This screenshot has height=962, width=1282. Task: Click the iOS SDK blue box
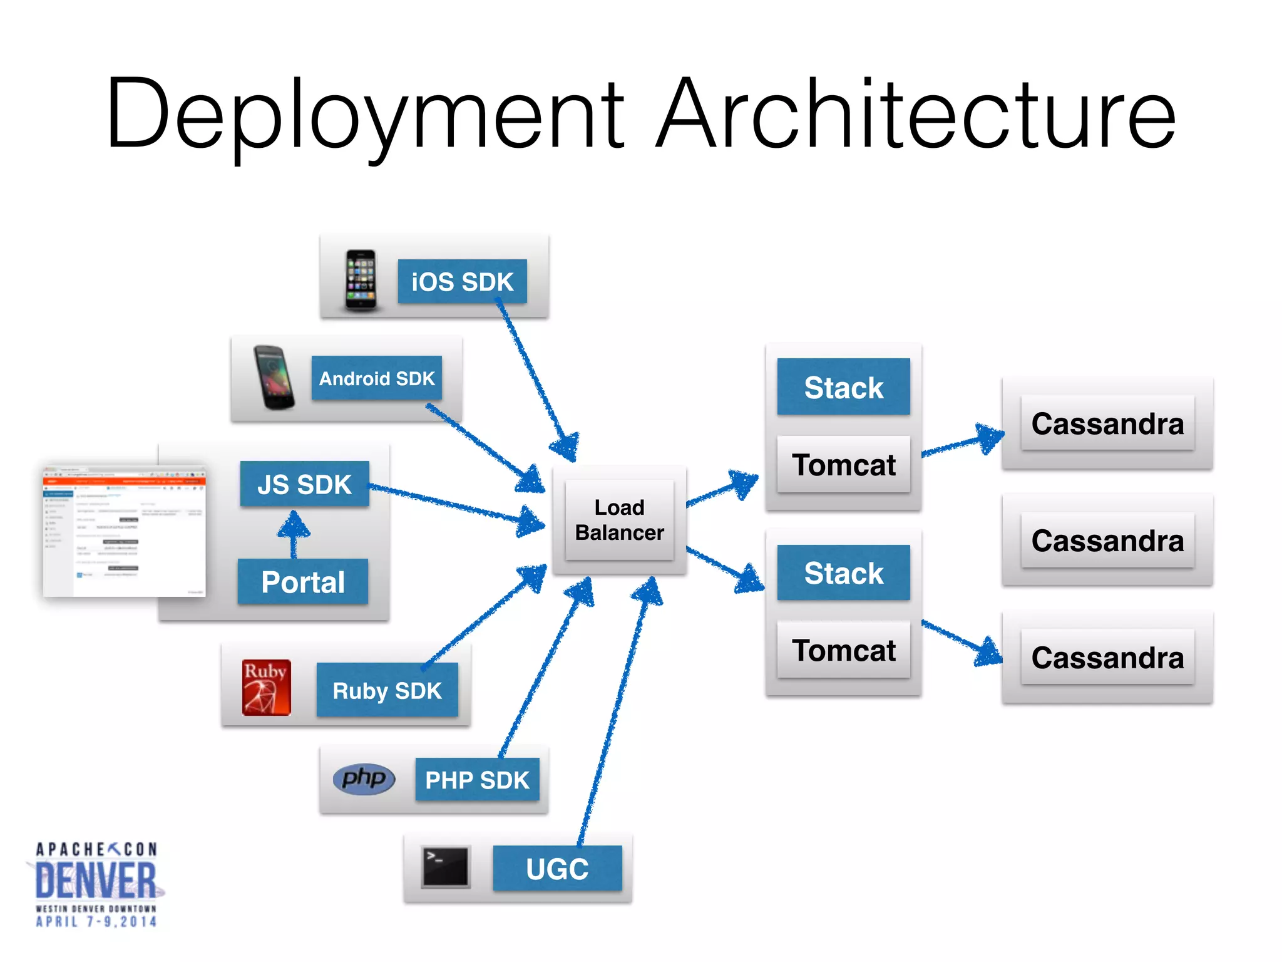(x=462, y=282)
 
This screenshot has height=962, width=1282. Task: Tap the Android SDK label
(x=376, y=378)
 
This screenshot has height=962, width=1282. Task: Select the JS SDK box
(x=304, y=484)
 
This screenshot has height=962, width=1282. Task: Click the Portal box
(x=303, y=582)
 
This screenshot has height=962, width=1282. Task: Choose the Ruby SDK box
(x=387, y=690)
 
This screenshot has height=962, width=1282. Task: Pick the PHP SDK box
(x=477, y=780)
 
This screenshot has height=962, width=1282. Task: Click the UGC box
(x=557, y=869)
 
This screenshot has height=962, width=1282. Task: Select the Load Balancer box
(x=619, y=520)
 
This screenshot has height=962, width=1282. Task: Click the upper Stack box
(x=843, y=387)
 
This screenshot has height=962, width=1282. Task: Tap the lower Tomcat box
(x=843, y=650)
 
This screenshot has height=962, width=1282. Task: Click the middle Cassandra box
(x=1107, y=540)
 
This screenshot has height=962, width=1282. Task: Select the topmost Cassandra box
(x=1107, y=423)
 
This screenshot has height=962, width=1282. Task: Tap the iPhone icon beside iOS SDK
(x=361, y=280)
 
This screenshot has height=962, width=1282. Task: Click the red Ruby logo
(x=267, y=688)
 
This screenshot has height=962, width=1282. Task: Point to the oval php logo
(x=364, y=779)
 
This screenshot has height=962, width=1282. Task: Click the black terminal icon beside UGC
(x=446, y=867)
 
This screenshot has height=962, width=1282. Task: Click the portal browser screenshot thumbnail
(x=124, y=531)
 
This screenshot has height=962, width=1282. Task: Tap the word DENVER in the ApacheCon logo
(x=96, y=880)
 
